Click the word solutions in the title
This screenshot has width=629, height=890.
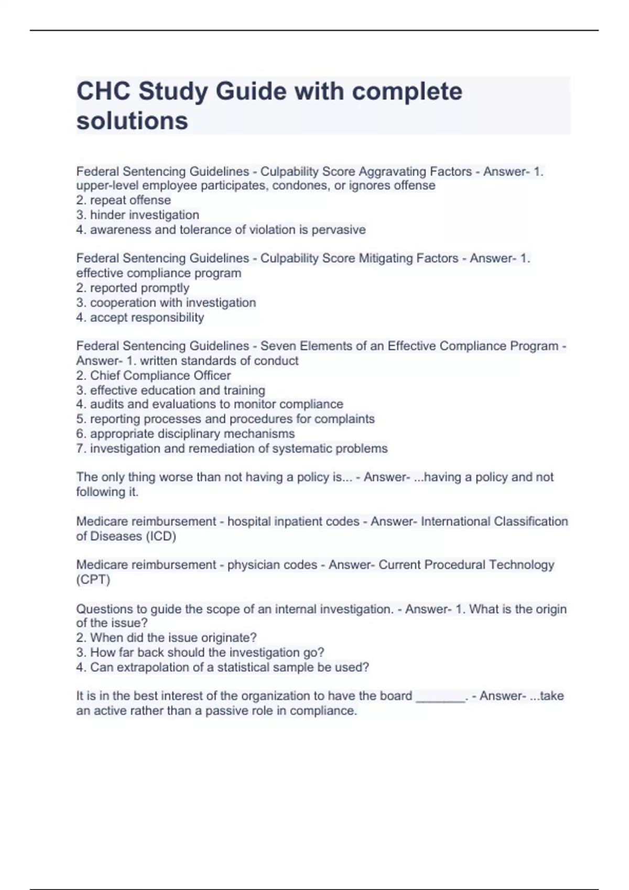(x=132, y=121)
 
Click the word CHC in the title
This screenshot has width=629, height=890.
(x=103, y=92)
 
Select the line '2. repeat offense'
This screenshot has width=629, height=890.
(x=123, y=200)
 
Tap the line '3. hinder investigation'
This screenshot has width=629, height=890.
(x=137, y=215)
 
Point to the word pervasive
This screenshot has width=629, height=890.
(x=339, y=229)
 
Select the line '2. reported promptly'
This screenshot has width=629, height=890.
(x=133, y=287)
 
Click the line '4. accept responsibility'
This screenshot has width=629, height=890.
(x=140, y=317)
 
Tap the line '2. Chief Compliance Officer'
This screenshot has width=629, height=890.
(x=153, y=375)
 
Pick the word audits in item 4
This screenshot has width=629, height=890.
(x=107, y=404)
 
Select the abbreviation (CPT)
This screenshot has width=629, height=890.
(x=93, y=580)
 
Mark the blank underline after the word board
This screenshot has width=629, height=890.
(x=440, y=697)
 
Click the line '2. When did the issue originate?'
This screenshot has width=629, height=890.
(x=166, y=638)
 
